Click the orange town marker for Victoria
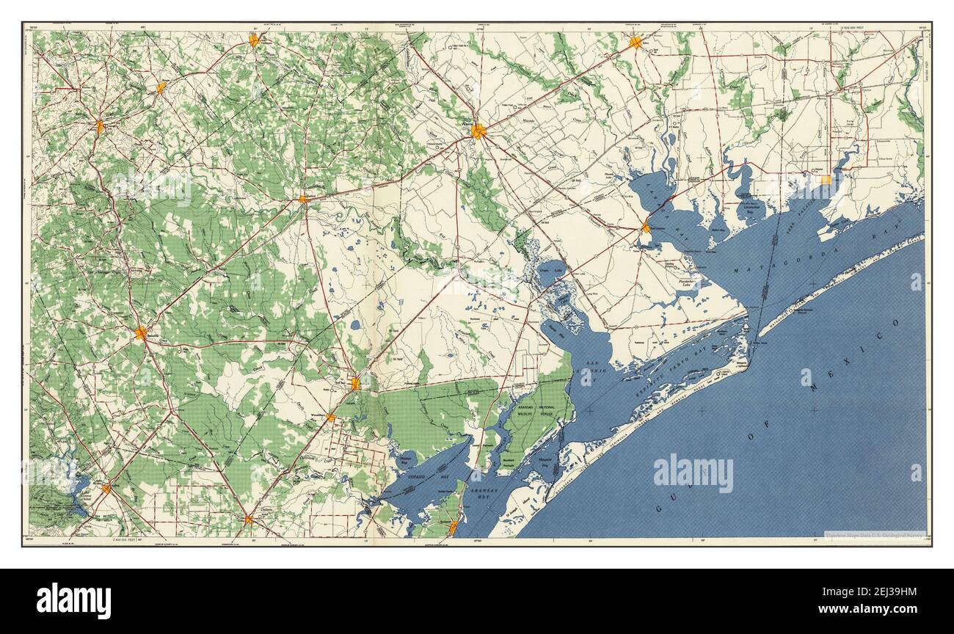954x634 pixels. coord(478,131)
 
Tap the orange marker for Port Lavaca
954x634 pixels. coord(645,227)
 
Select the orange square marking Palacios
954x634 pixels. coord(826,179)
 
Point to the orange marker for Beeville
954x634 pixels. coord(140,334)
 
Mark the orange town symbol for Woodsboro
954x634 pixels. coord(330,418)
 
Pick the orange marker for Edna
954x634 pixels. coord(635,43)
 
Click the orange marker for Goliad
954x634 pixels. coord(302,199)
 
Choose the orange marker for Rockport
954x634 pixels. coord(454,526)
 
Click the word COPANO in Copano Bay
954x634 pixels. coord(421,476)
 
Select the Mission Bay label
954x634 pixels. coord(405,456)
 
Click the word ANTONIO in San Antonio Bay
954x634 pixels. coord(595,372)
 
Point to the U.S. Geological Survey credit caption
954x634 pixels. coord(874,535)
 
